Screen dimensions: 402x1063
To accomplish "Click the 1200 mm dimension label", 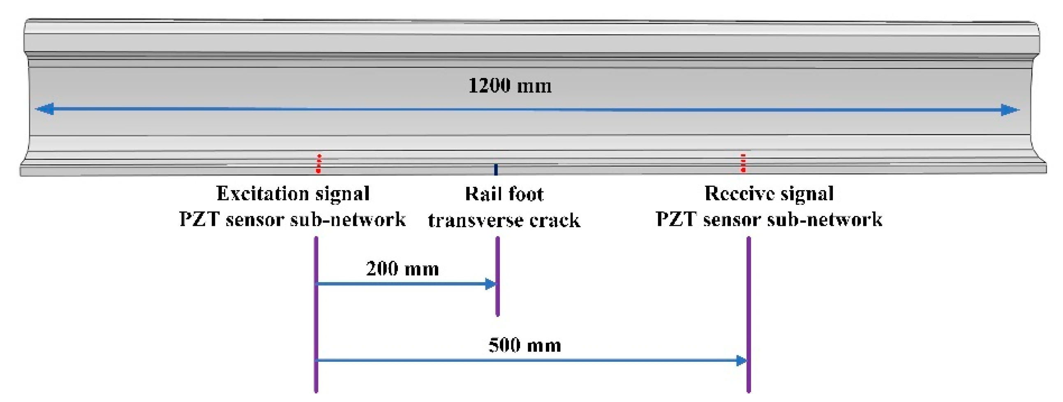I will [x=510, y=86].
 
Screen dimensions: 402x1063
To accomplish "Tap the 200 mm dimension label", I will [x=402, y=269].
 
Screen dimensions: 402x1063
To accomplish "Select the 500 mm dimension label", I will [x=525, y=345].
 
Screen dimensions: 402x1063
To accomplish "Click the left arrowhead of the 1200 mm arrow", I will [x=44, y=109].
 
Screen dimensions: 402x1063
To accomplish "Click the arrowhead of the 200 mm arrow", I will [x=490, y=284].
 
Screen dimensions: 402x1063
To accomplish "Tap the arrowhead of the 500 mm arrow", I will [x=742, y=361].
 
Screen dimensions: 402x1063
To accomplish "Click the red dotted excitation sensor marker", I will [x=318, y=164].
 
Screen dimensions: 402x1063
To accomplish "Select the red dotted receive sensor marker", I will [x=743, y=163].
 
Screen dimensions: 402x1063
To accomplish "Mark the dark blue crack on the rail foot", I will [x=496, y=170].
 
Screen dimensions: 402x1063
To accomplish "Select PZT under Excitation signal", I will [x=199, y=219].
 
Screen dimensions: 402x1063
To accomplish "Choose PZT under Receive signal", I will [x=676, y=219].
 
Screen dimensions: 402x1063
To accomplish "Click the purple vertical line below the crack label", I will [x=498, y=276].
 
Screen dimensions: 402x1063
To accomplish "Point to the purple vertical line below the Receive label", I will [x=749, y=313].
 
